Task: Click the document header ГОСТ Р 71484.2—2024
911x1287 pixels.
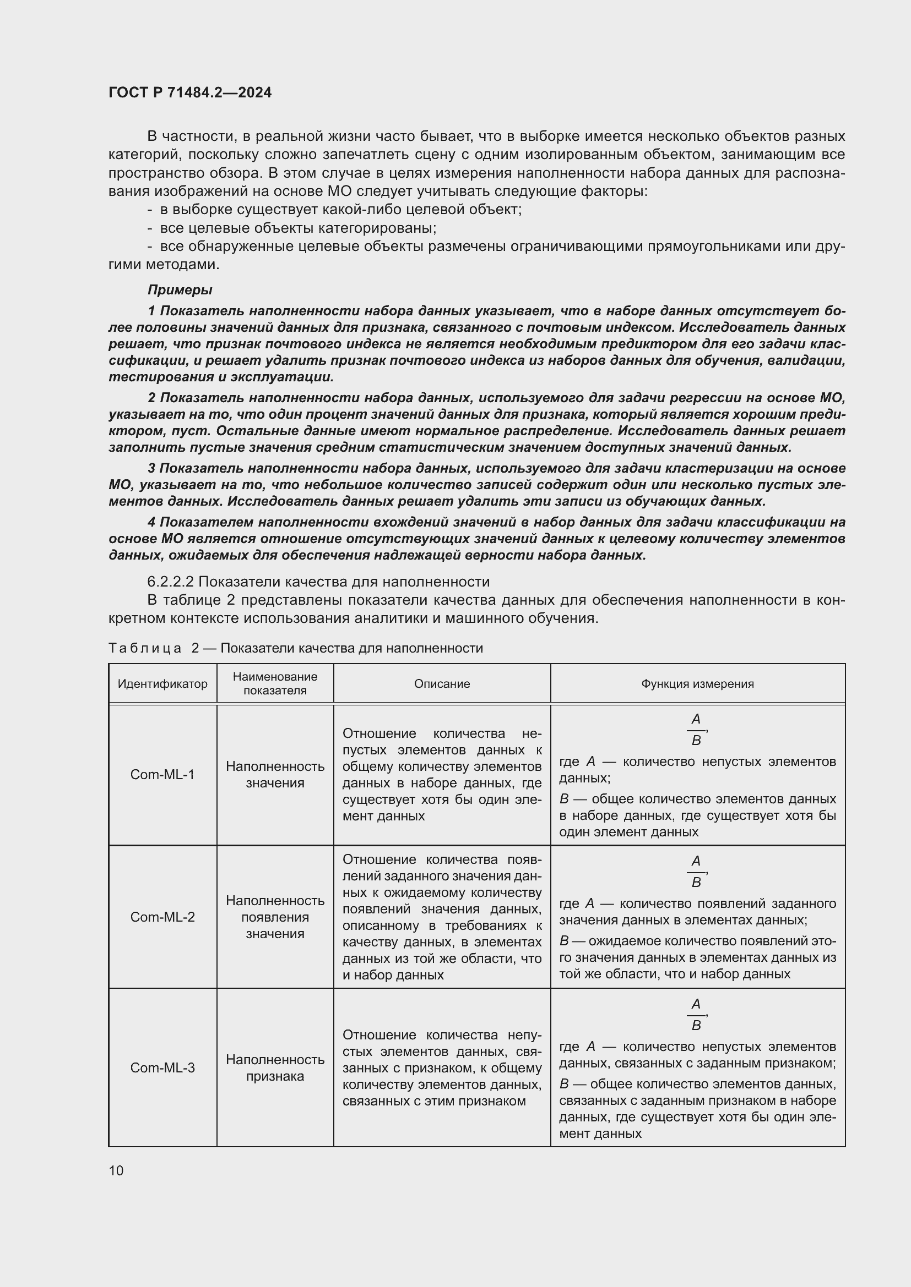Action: (x=189, y=92)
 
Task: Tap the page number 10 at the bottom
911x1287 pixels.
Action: (x=116, y=1170)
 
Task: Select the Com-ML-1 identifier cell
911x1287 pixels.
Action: (x=162, y=775)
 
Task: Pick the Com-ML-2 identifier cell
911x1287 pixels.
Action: (x=162, y=917)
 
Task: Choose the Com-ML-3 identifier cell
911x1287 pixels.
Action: (x=162, y=1068)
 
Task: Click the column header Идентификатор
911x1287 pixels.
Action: (x=162, y=684)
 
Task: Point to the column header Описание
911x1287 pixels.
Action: (x=442, y=684)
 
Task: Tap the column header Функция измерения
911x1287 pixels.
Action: (x=697, y=684)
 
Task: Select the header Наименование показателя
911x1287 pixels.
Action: (x=275, y=684)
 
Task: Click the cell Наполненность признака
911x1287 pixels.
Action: (x=275, y=1068)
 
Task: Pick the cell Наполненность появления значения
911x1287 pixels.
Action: (x=275, y=917)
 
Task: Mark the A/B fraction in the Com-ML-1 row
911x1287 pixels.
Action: (x=696, y=729)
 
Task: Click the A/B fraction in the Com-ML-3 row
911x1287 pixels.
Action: (x=696, y=1015)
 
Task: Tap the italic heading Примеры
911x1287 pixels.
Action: (x=180, y=290)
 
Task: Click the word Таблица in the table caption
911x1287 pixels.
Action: (x=145, y=649)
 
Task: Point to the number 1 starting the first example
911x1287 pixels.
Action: (x=151, y=310)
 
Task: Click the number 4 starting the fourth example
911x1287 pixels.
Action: (x=151, y=522)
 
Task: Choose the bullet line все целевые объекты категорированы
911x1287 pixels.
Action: (x=298, y=228)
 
